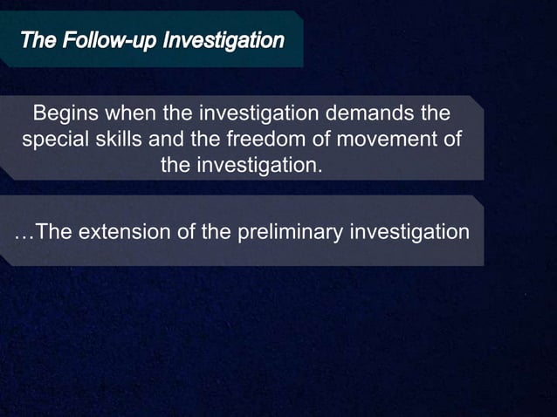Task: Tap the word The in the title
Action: tap(38, 41)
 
